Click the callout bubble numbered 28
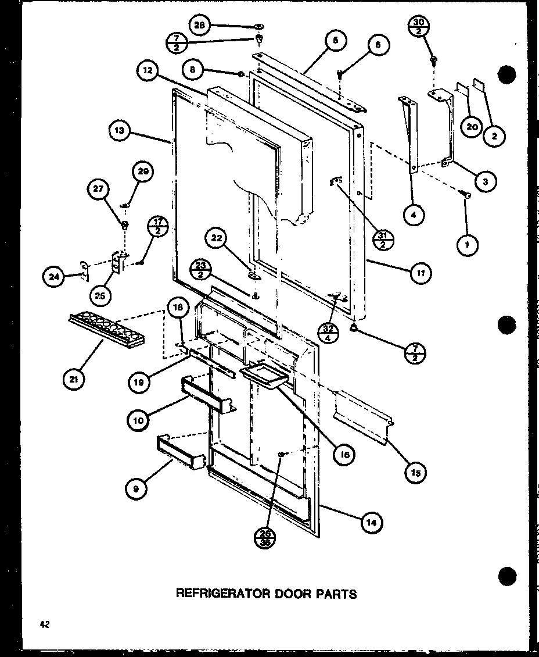(199, 26)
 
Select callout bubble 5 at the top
(335, 41)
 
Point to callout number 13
(118, 131)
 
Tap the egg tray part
(106, 330)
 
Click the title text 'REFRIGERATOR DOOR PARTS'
(266, 594)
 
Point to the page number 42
(44, 625)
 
